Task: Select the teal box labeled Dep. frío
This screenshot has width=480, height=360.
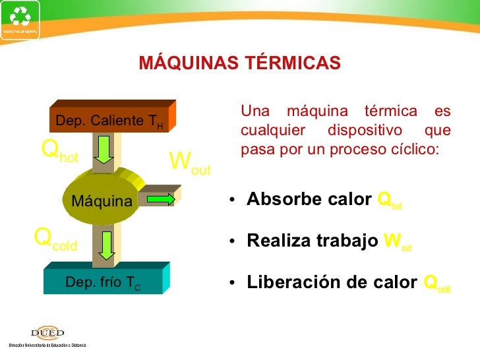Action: [x=102, y=283]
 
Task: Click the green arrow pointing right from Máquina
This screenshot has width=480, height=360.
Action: [x=160, y=199]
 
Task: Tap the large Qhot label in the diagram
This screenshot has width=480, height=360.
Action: [x=60, y=152]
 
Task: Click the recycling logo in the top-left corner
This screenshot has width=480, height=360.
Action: [x=20, y=18]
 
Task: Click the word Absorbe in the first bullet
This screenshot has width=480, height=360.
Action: [x=275, y=200]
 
